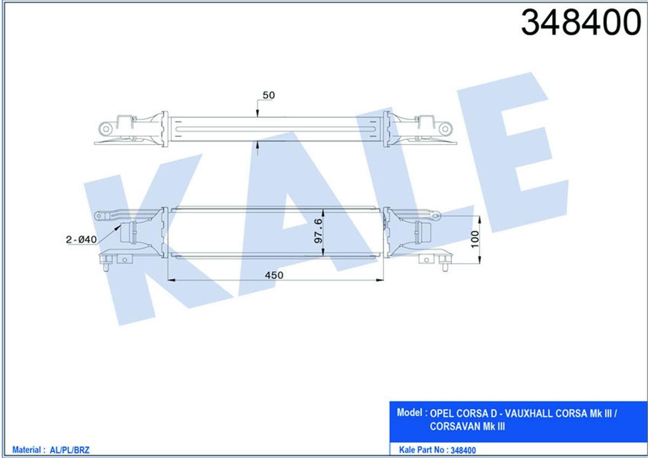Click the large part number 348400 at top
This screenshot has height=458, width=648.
(x=580, y=23)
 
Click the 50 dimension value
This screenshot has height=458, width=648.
(x=268, y=95)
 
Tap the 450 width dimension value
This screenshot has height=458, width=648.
(x=274, y=275)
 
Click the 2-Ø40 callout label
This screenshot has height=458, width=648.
(x=82, y=239)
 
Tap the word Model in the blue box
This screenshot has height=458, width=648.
(x=409, y=413)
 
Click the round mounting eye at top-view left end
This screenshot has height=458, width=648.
(x=105, y=129)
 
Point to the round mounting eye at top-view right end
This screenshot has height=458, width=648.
(x=445, y=129)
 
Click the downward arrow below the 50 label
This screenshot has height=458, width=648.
(x=258, y=113)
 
